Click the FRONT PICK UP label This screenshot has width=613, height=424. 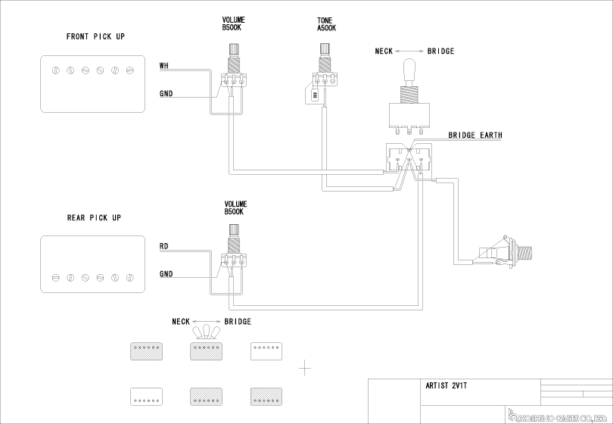[95, 36]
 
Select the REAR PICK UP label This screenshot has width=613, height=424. [94, 218]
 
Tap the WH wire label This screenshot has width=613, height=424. [163, 66]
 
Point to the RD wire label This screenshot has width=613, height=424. [163, 247]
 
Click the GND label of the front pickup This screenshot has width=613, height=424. [166, 94]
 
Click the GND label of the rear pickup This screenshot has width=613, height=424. [166, 274]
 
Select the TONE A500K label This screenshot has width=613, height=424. [327, 24]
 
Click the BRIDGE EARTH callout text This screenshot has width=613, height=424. [475, 136]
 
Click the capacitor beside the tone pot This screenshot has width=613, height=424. [314, 95]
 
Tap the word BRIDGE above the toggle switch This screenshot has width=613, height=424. [441, 51]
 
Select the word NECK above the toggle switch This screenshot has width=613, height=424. [384, 51]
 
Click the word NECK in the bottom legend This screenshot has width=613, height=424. [181, 322]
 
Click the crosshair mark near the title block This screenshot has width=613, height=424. [305, 369]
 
